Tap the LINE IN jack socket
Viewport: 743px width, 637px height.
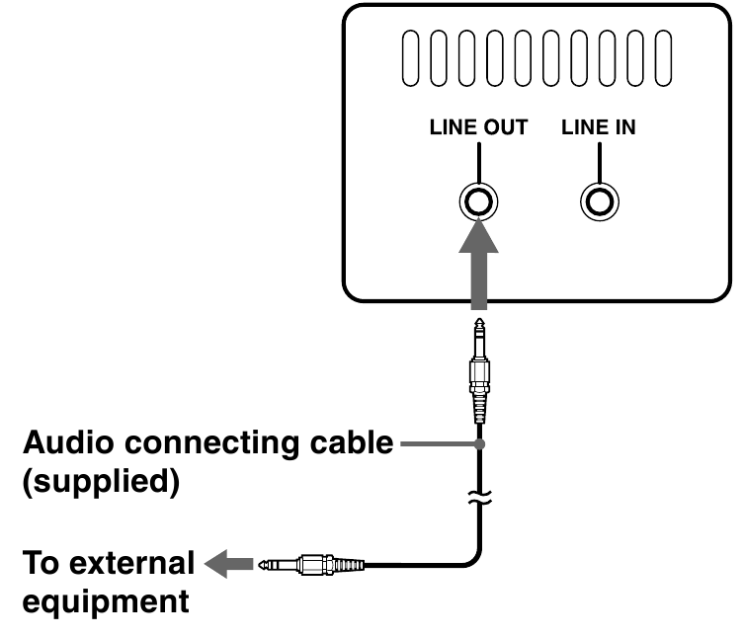[599, 202]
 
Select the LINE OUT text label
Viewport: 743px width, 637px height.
[478, 127]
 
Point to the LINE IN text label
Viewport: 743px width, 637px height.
[599, 127]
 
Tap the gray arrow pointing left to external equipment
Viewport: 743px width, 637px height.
[225, 566]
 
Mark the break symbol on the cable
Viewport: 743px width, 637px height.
[479, 502]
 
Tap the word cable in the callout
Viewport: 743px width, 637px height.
[351, 443]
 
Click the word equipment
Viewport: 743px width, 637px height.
[105, 602]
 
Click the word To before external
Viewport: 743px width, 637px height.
[43, 564]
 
